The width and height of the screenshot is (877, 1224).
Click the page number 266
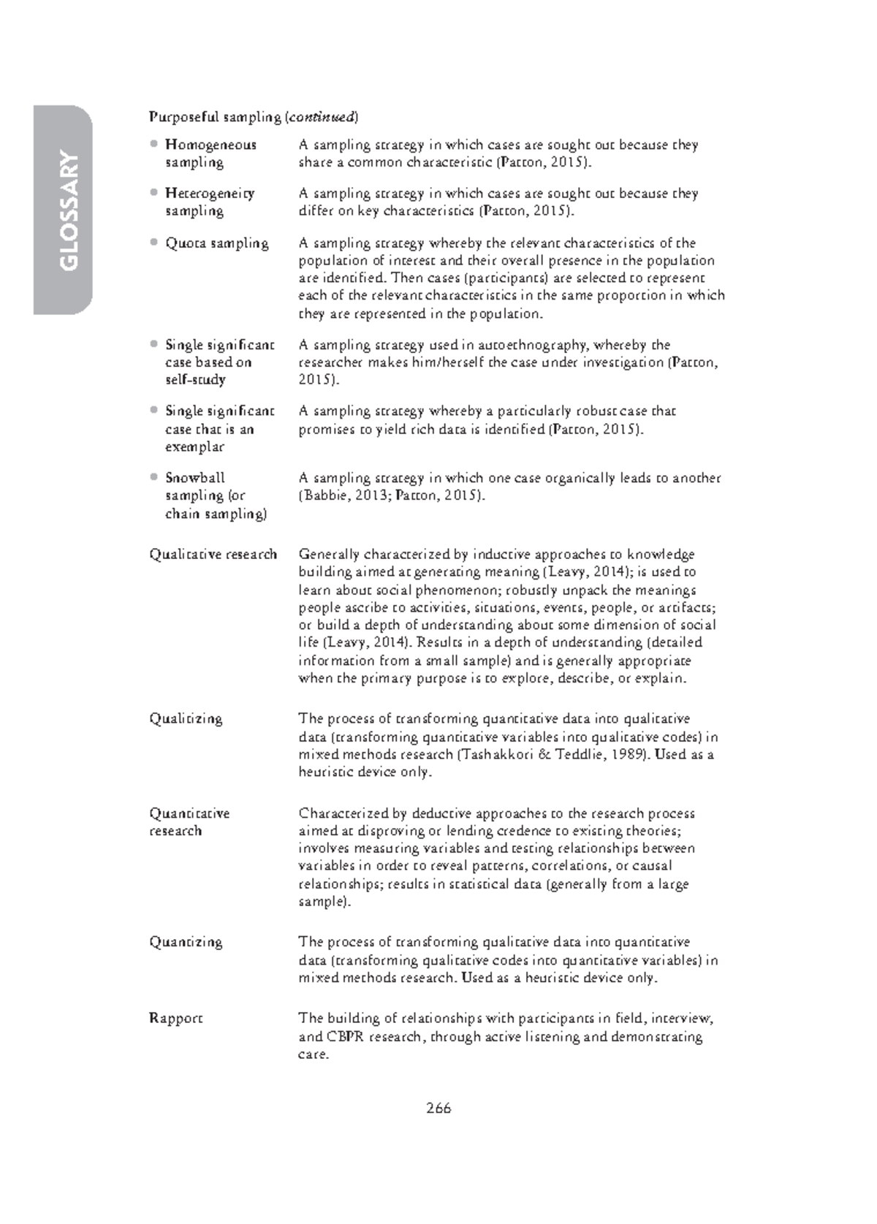click(x=438, y=1108)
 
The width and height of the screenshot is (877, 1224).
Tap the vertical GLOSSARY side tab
click(x=64, y=210)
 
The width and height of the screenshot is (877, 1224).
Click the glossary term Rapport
click(x=175, y=1018)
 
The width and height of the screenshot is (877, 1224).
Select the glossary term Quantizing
click(x=186, y=942)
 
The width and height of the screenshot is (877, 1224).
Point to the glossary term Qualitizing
click(x=186, y=718)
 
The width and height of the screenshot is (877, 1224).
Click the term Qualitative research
click(x=213, y=554)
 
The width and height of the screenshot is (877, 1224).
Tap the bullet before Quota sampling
click(x=153, y=242)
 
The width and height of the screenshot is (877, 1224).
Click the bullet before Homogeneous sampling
click(x=153, y=143)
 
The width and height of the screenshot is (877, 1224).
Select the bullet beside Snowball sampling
click(x=153, y=476)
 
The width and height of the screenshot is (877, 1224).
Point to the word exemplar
click(x=194, y=446)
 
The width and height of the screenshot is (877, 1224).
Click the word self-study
click(x=195, y=379)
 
